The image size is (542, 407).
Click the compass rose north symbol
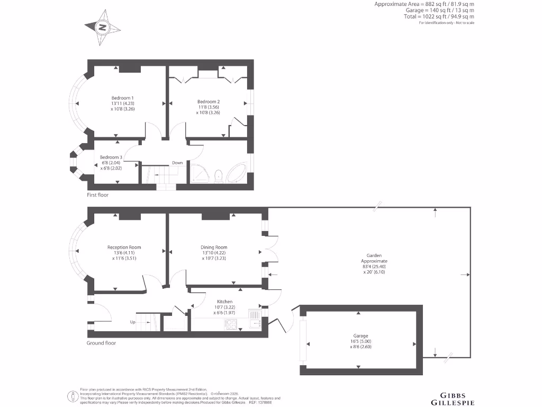[102, 27]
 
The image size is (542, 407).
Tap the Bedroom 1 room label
[122, 98]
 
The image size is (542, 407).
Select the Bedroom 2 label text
[208, 102]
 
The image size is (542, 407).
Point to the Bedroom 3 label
[111, 157]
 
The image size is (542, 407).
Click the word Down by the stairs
[177, 163]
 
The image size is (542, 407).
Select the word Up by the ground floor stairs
[133, 322]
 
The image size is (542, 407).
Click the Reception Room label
[124, 247]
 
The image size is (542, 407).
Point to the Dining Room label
[214, 247]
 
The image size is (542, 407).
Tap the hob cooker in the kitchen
[233, 324]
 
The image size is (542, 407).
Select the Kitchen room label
[224, 302]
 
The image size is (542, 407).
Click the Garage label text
[361, 335]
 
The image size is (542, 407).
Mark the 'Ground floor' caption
[101, 343]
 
